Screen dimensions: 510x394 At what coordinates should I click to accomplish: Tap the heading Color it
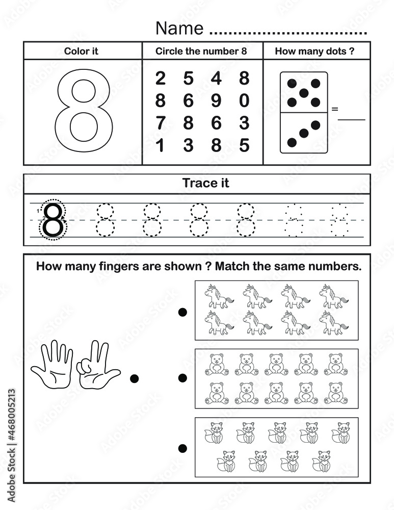[x=81, y=51]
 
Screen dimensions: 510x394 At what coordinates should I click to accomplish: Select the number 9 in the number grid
[x=216, y=101]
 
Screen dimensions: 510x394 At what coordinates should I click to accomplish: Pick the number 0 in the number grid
[x=244, y=101]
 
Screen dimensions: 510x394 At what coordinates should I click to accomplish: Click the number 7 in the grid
[x=160, y=123]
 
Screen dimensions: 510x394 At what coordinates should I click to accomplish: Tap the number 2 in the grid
[x=160, y=79]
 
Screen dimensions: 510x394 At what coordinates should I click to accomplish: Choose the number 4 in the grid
[x=216, y=79]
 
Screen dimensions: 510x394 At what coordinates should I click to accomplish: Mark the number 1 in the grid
[x=160, y=146]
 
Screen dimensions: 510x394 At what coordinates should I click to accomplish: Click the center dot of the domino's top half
[x=304, y=93]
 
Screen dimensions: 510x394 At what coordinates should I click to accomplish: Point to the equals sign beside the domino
[x=335, y=109]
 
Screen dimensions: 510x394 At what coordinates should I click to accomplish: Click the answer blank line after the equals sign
[x=352, y=119]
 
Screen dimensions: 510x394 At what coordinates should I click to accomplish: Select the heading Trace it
[x=206, y=183]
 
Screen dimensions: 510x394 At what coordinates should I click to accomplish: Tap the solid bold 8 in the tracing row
[x=53, y=220]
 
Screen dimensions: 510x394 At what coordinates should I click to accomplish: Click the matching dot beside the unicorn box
[x=182, y=312]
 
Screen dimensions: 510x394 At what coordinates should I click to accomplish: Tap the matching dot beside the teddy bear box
[x=182, y=378]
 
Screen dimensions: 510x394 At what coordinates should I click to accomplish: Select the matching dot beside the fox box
[x=182, y=448]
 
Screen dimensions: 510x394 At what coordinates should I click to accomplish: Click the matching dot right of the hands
[x=135, y=378]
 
